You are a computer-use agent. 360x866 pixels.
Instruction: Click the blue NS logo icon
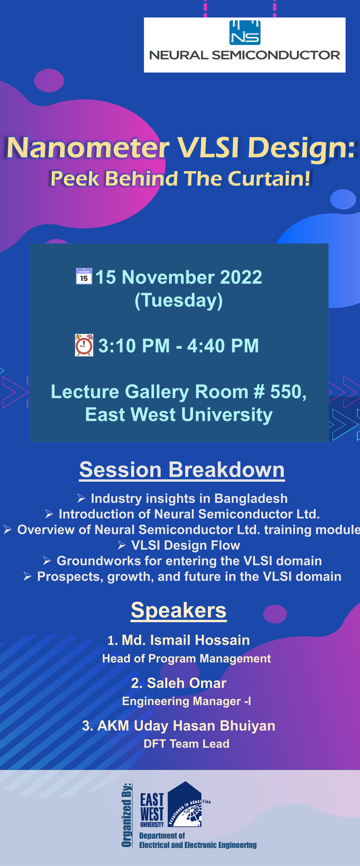click(x=245, y=32)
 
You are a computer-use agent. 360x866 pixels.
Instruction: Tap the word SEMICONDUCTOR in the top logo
click(x=276, y=55)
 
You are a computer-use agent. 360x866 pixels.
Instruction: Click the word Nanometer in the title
click(x=88, y=148)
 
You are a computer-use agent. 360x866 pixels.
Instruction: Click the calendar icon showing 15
click(x=84, y=276)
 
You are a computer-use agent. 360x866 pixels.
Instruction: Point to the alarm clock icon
click(x=84, y=345)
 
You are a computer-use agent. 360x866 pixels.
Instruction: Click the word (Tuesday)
click(x=179, y=300)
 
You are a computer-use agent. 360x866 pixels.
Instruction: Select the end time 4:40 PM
click(x=223, y=345)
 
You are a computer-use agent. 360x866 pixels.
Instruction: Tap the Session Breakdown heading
click(x=182, y=470)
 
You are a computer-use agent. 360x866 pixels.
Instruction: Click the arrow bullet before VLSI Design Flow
click(x=122, y=545)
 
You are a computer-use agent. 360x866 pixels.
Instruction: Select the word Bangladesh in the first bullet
click(x=251, y=498)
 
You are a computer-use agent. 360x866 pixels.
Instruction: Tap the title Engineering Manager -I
click(x=186, y=701)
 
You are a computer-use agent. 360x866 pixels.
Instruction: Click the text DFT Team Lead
click(x=186, y=744)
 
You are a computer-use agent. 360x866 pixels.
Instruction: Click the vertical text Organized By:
click(x=127, y=815)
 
